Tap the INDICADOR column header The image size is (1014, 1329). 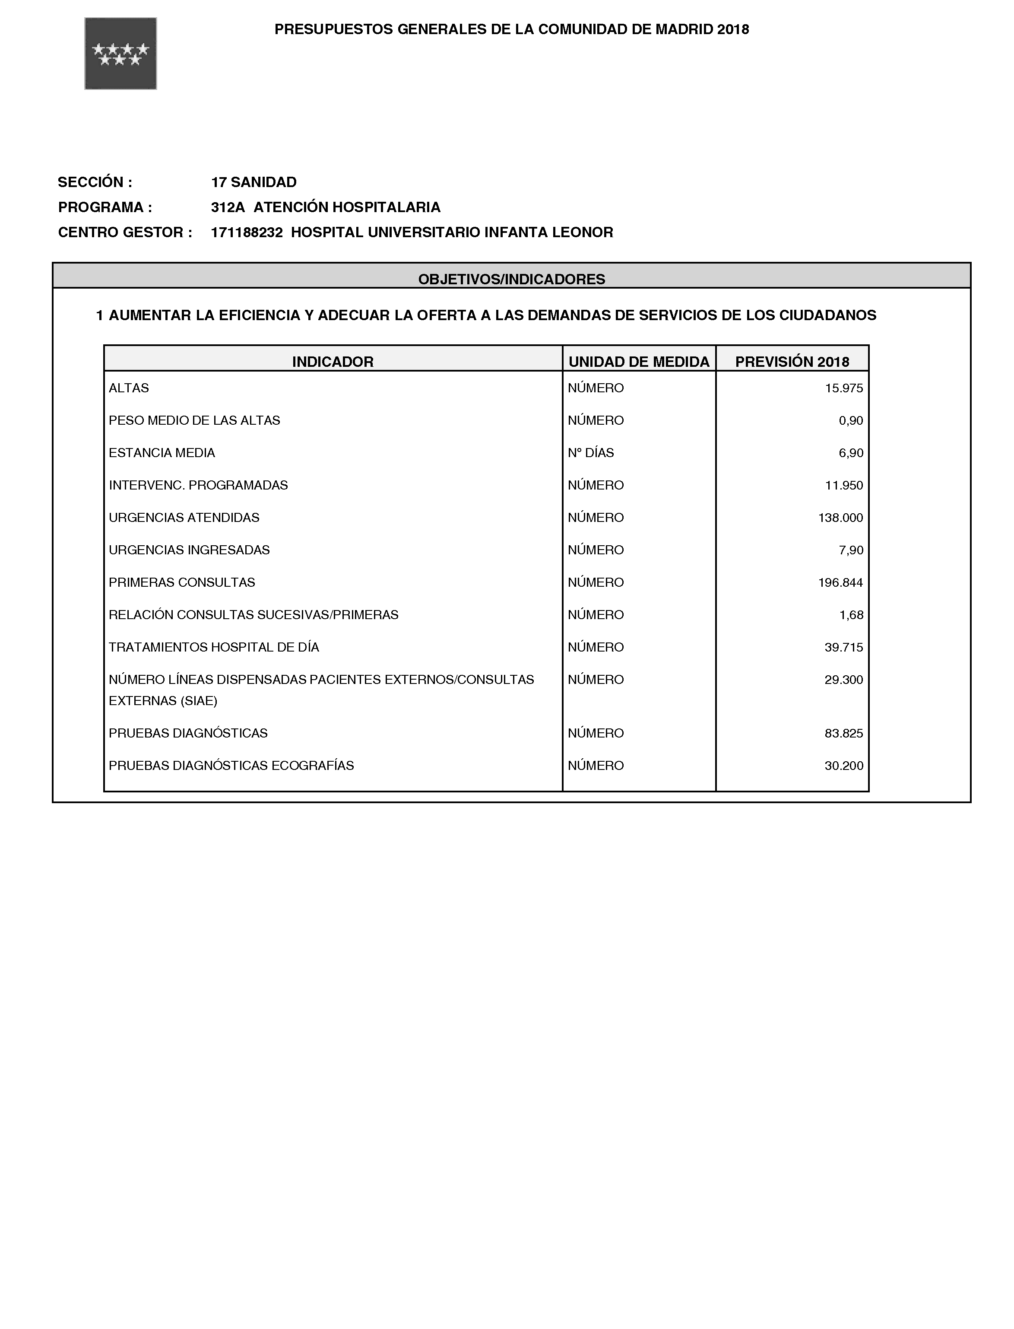click(333, 362)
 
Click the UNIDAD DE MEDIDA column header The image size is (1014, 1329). click(639, 362)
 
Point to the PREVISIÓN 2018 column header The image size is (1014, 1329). click(792, 362)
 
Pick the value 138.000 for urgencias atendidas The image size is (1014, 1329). click(840, 518)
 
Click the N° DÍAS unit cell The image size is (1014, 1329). click(590, 453)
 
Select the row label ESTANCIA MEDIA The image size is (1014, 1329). click(162, 453)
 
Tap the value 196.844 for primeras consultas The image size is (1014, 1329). click(840, 583)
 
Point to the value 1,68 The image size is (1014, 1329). click(851, 615)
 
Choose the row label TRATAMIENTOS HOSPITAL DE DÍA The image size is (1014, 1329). click(214, 647)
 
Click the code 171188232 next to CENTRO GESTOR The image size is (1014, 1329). click(246, 232)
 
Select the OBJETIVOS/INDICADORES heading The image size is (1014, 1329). click(511, 279)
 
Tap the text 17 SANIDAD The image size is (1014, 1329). click(253, 182)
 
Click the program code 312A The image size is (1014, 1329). click(228, 208)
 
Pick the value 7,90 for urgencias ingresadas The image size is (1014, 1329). click(851, 550)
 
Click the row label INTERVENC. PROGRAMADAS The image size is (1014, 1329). click(198, 486)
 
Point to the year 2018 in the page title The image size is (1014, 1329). click(733, 29)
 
